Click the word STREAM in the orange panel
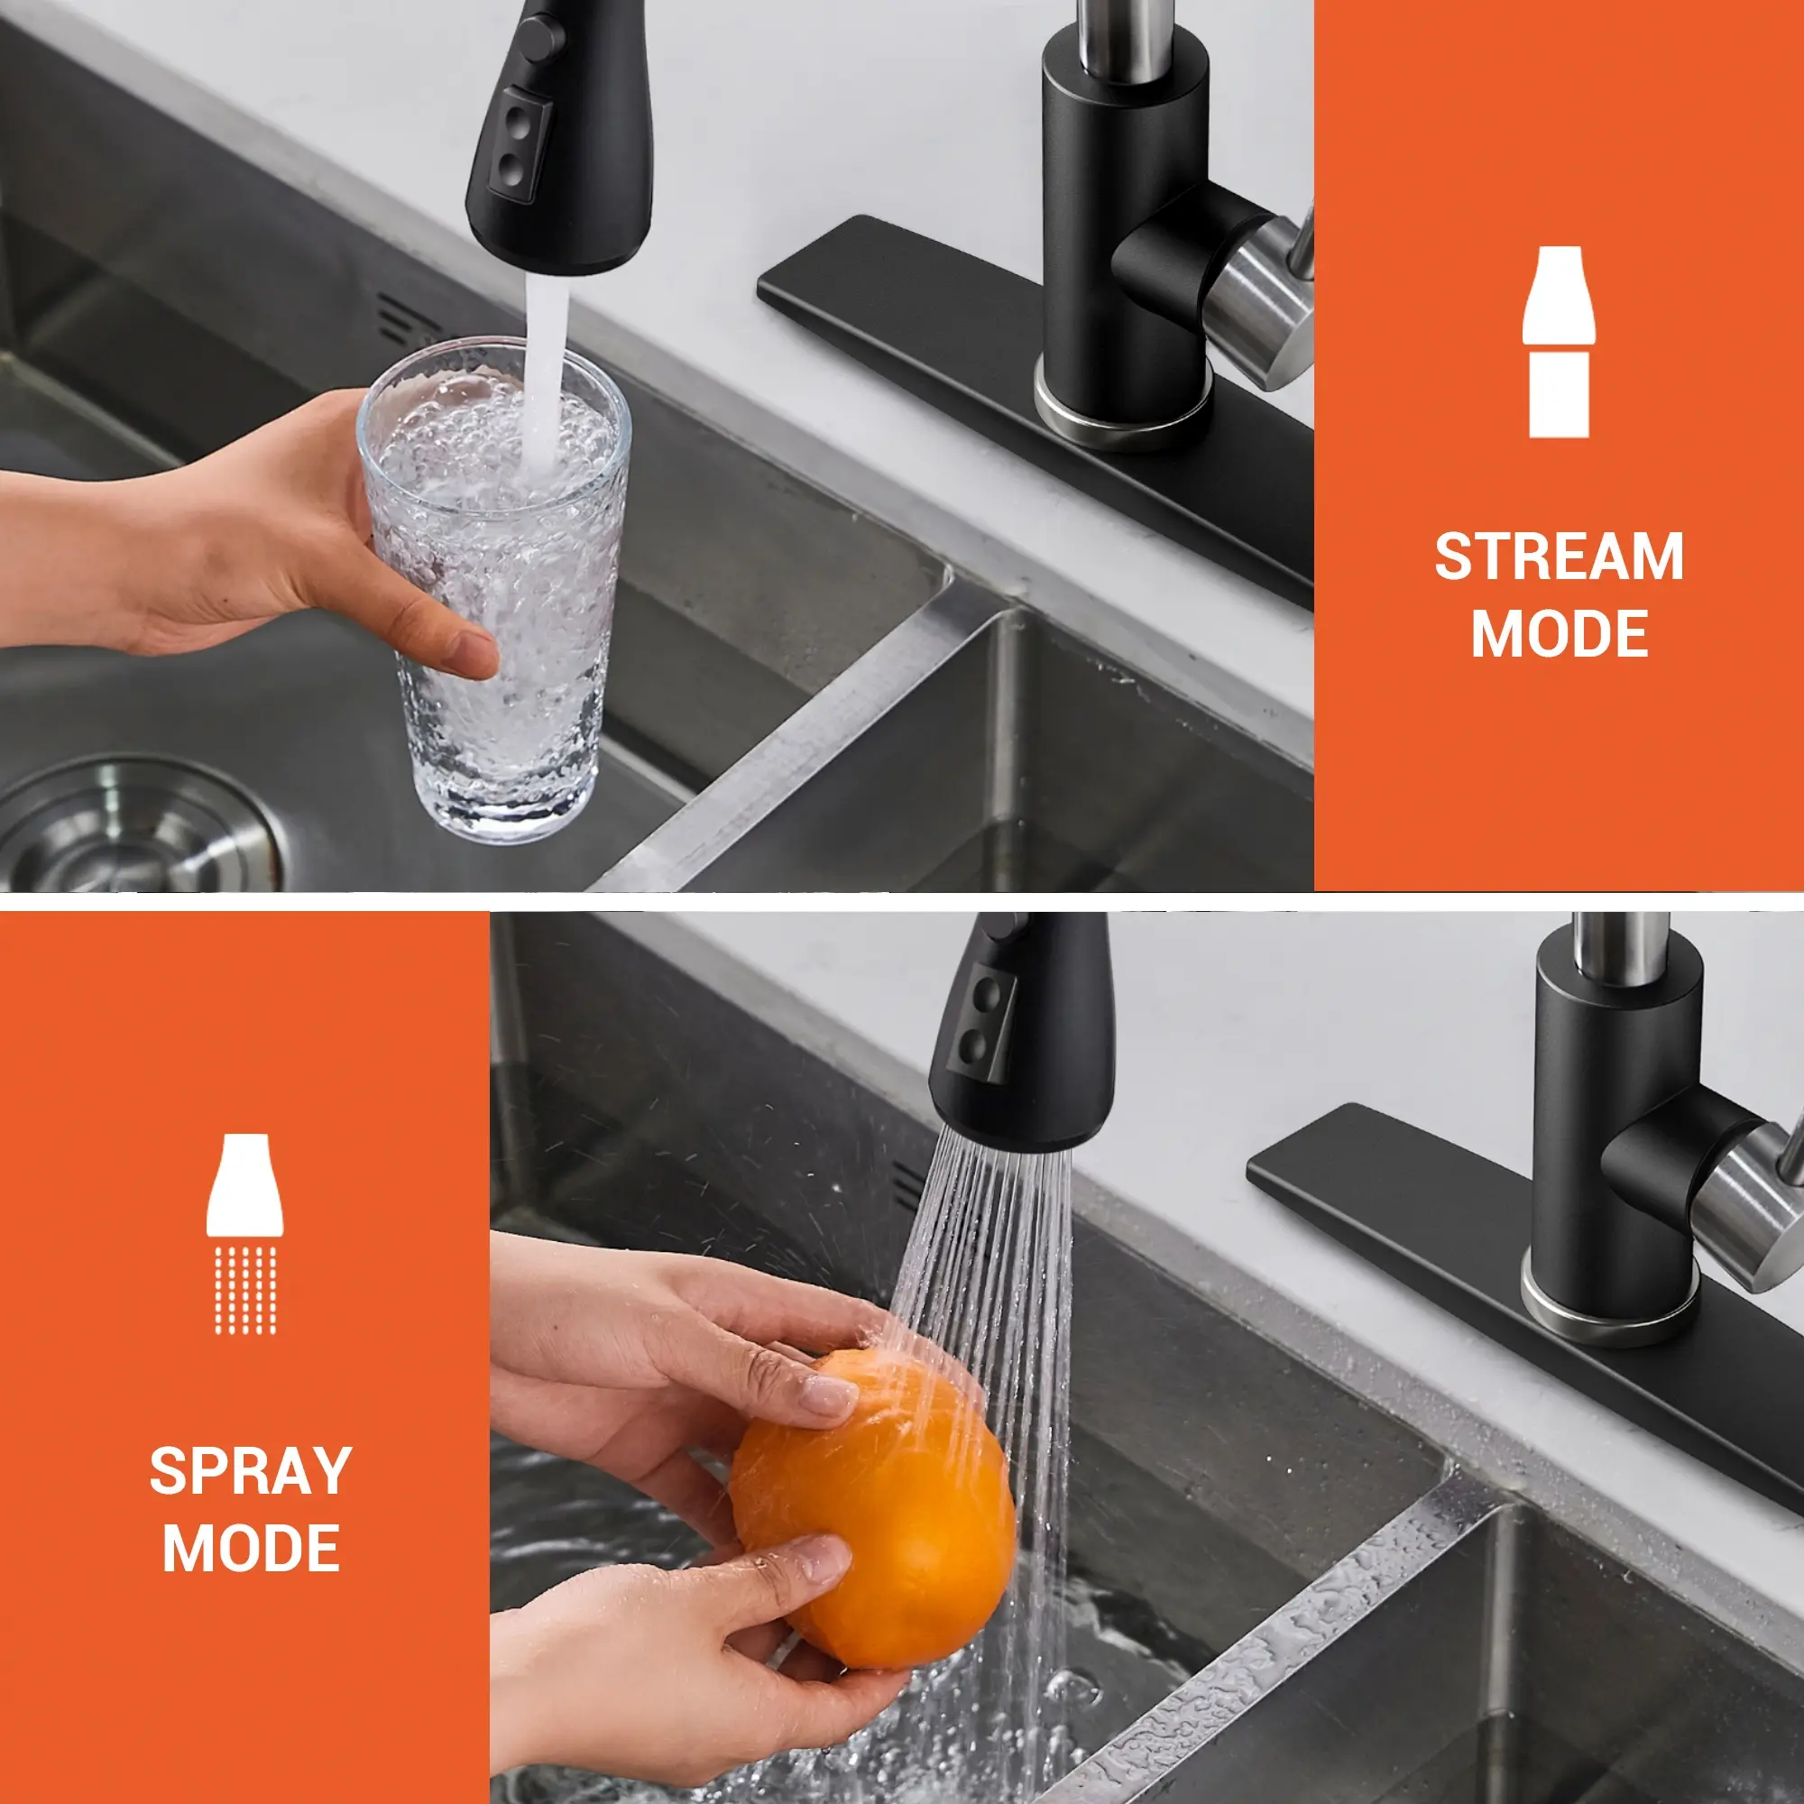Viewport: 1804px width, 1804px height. click(x=1559, y=557)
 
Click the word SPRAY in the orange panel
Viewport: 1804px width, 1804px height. click(x=250, y=1471)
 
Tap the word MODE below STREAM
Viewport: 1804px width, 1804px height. click(x=1560, y=634)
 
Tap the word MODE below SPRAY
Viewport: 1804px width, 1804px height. click(x=250, y=1549)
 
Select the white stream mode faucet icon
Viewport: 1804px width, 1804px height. click(x=1559, y=342)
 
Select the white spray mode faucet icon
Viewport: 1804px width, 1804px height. click(x=244, y=1233)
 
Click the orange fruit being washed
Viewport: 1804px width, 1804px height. click(x=872, y=1512)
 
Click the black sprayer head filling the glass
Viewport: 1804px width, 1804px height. click(x=560, y=140)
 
